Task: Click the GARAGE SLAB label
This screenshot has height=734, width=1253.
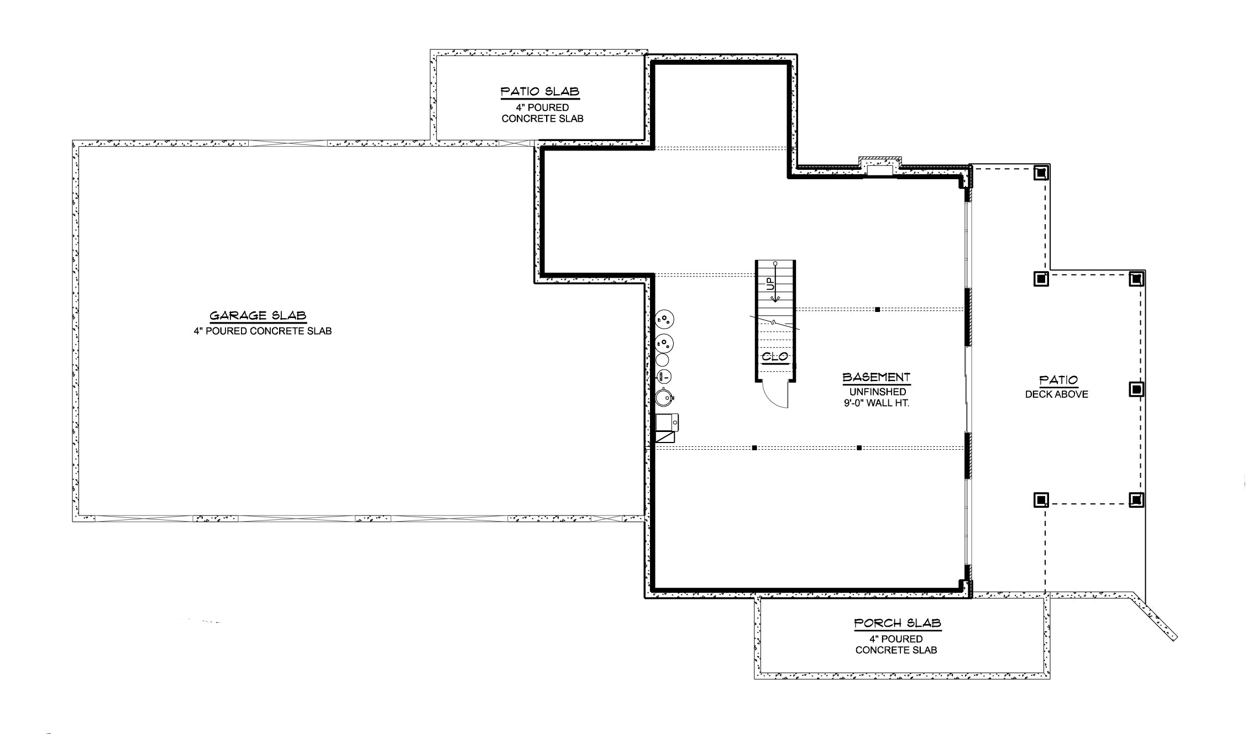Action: [x=258, y=316]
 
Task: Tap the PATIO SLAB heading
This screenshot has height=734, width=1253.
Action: [x=539, y=91]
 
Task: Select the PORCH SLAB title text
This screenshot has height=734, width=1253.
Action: [x=897, y=623]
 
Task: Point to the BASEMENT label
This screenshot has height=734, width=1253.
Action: [x=876, y=377]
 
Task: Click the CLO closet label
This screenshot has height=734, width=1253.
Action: [x=775, y=357]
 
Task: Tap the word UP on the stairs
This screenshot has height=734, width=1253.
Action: [x=770, y=284]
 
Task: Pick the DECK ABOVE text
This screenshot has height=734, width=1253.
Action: [x=1056, y=394]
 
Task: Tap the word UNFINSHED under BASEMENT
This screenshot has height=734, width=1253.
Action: [x=878, y=392]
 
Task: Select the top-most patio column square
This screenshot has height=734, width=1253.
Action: [x=1041, y=173]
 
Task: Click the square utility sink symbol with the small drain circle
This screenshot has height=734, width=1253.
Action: [x=667, y=423]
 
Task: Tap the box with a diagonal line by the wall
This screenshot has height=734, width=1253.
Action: [x=665, y=436]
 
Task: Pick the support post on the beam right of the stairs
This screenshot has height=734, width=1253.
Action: [x=877, y=310]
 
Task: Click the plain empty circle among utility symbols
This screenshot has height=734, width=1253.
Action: [x=662, y=360]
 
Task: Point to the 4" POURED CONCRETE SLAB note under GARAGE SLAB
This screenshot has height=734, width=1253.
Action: [x=263, y=331]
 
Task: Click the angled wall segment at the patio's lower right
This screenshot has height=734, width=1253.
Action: [x=1154, y=618]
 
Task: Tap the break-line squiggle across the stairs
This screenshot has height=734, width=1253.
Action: [x=774, y=322]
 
